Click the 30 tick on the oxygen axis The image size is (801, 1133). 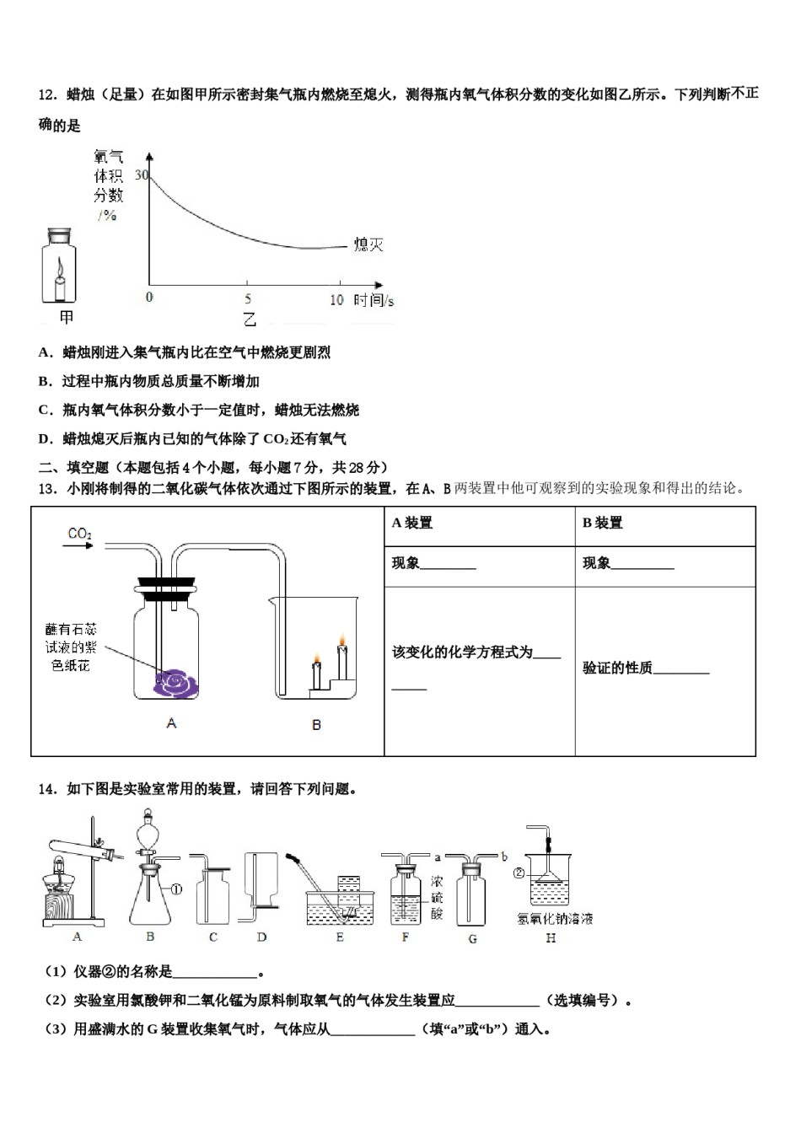[141, 175]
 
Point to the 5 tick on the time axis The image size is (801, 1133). [248, 299]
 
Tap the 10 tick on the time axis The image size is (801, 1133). [336, 299]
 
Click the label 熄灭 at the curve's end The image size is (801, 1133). [368, 244]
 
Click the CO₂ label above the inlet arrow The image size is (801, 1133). [79, 533]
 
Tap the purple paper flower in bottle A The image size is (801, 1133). [178, 683]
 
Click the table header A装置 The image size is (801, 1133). [412, 524]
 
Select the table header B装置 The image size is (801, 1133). [602, 524]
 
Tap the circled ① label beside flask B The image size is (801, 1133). [177, 889]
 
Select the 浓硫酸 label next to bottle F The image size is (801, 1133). [437, 897]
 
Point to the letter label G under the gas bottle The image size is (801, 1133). [472, 938]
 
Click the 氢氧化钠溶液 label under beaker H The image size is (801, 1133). [555, 919]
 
